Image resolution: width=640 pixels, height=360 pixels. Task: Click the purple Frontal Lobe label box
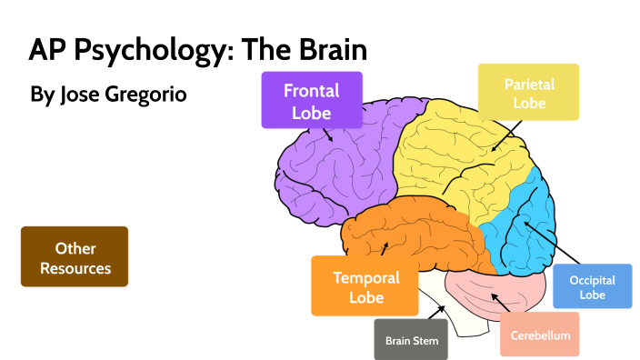click(311, 100)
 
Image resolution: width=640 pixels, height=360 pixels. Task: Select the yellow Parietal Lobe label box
click(528, 92)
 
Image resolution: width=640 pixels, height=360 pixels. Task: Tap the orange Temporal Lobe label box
click(365, 285)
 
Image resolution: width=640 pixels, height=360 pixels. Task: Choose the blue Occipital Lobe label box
click(592, 287)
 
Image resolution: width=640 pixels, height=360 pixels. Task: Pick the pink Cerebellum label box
click(540, 335)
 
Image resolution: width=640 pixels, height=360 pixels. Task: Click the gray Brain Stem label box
click(411, 340)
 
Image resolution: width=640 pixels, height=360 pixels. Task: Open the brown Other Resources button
click(75, 256)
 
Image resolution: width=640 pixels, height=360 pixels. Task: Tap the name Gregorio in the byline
click(142, 95)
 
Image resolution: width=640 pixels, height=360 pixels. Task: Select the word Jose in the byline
click(77, 95)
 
